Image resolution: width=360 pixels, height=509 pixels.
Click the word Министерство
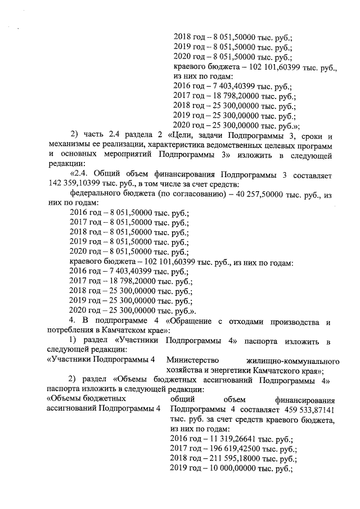click(x=191, y=360)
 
